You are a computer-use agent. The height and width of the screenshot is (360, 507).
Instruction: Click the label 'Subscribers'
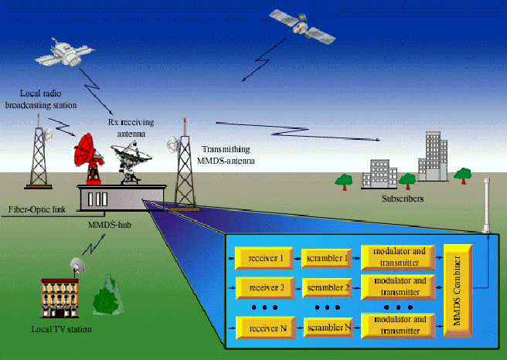click(403, 199)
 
